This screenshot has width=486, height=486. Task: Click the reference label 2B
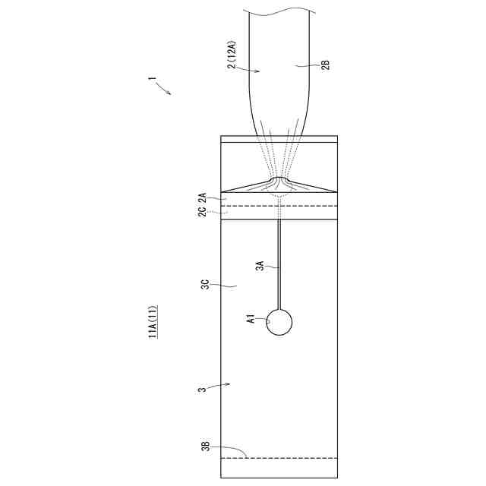click(x=326, y=65)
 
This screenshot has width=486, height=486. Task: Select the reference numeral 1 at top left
click(x=152, y=78)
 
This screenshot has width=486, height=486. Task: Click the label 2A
click(x=202, y=197)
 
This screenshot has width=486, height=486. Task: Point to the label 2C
click(x=202, y=213)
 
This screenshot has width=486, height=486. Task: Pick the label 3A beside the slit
click(x=260, y=266)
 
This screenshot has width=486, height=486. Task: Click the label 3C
click(x=205, y=285)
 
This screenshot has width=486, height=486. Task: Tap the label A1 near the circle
click(x=251, y=319)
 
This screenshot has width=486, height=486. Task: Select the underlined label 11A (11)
click(x=153, y=321)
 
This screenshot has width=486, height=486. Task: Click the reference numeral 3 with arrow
click(x=202, y=389)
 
